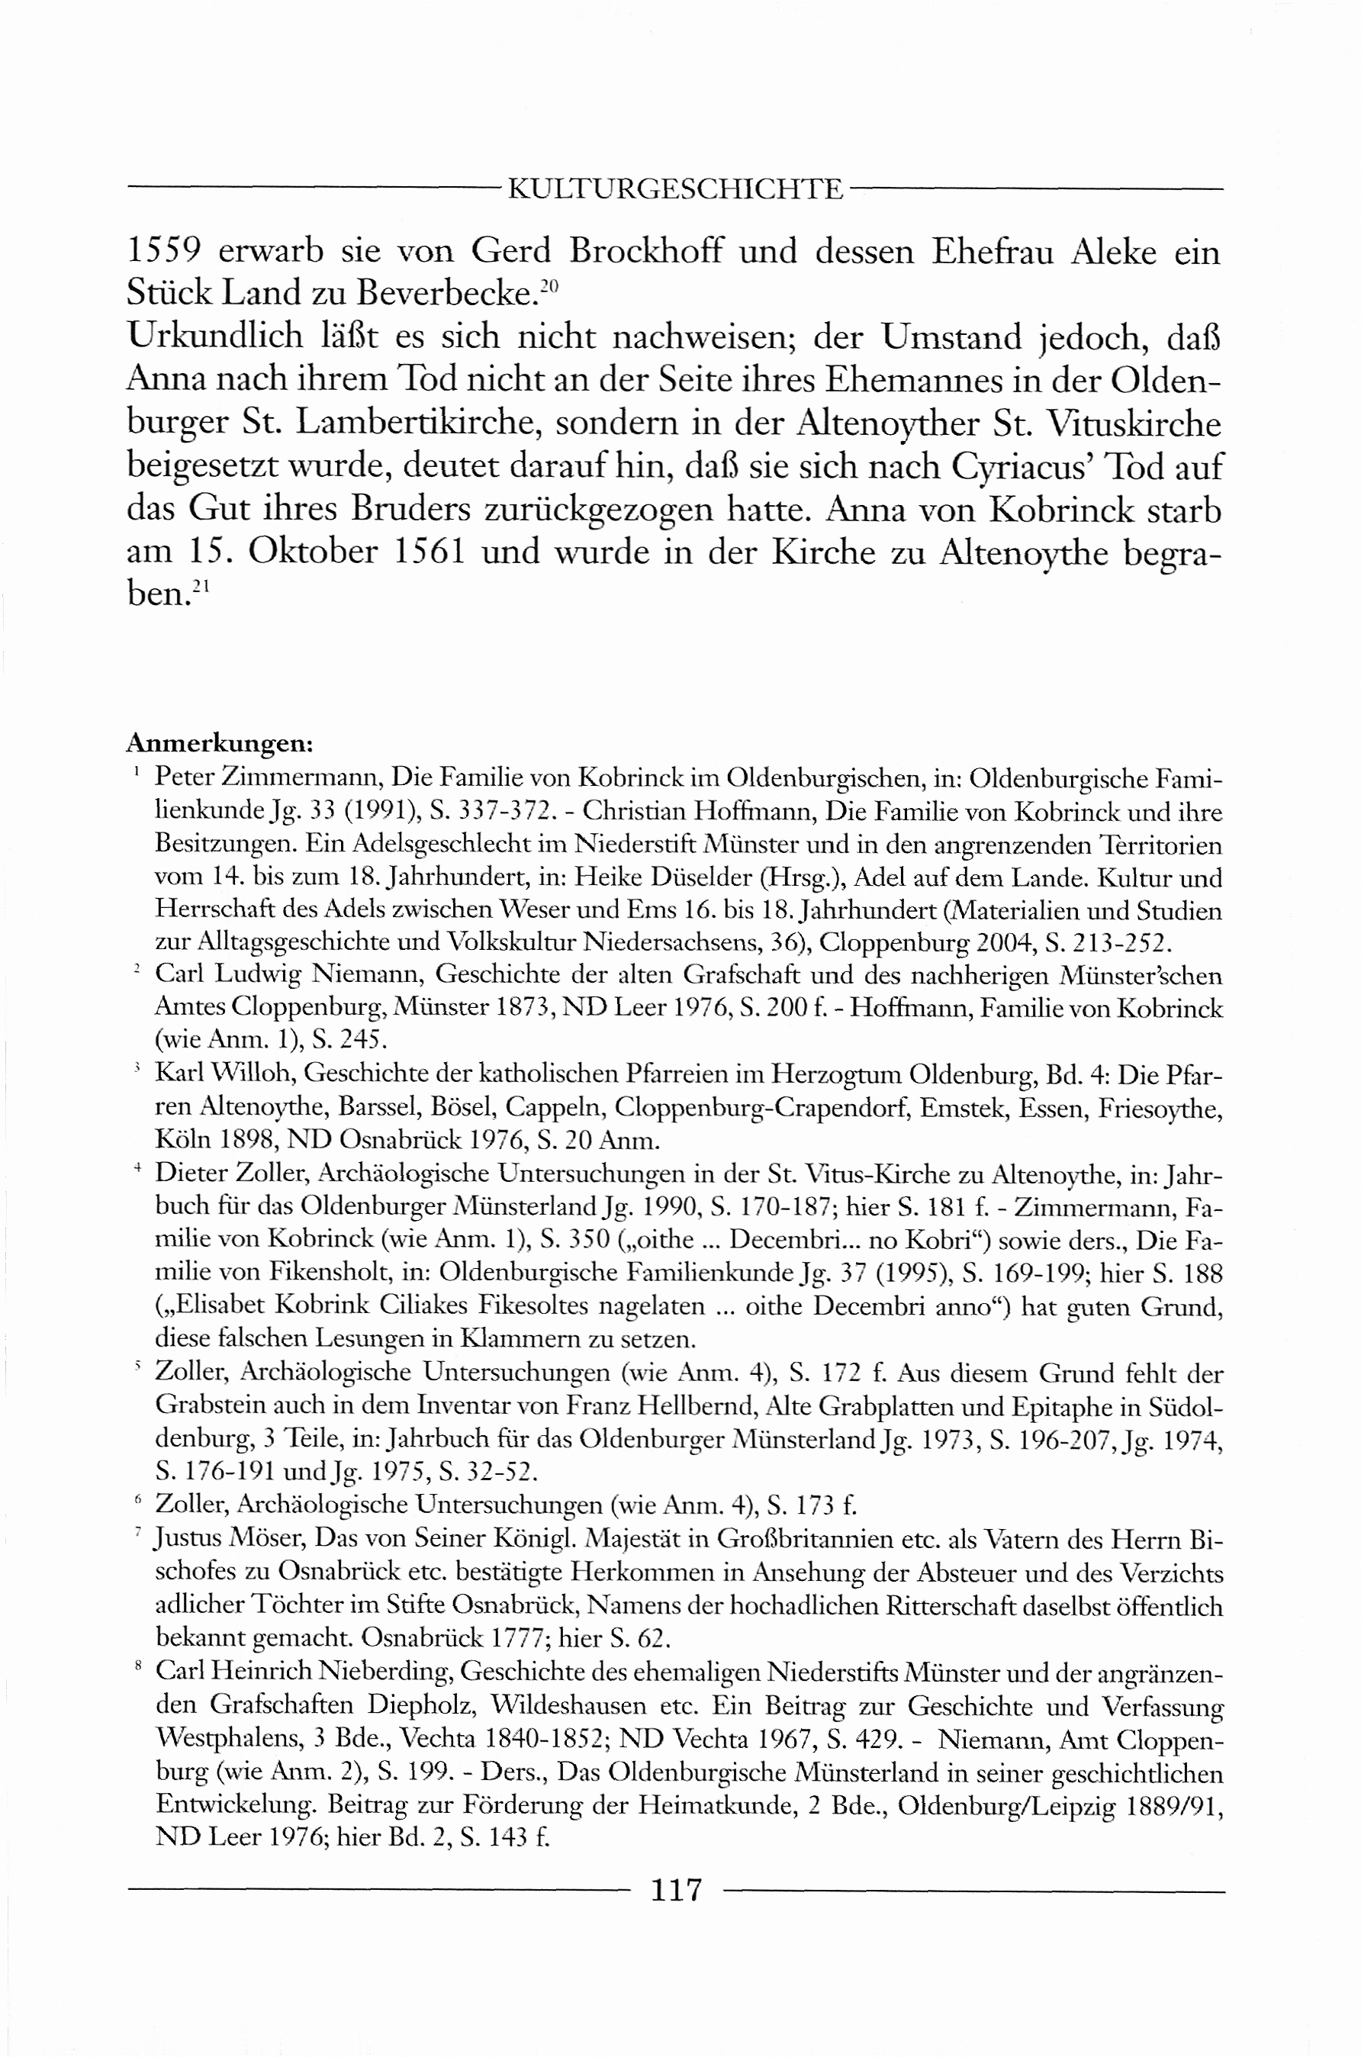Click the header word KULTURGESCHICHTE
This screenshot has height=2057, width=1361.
tap(674, 189)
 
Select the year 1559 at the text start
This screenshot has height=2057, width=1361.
tap(165, 252)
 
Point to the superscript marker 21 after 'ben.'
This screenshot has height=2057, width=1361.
tap(201, 587)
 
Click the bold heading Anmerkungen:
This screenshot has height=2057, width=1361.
tap(220, 744)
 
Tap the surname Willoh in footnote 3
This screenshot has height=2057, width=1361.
tap(255, 1074)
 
